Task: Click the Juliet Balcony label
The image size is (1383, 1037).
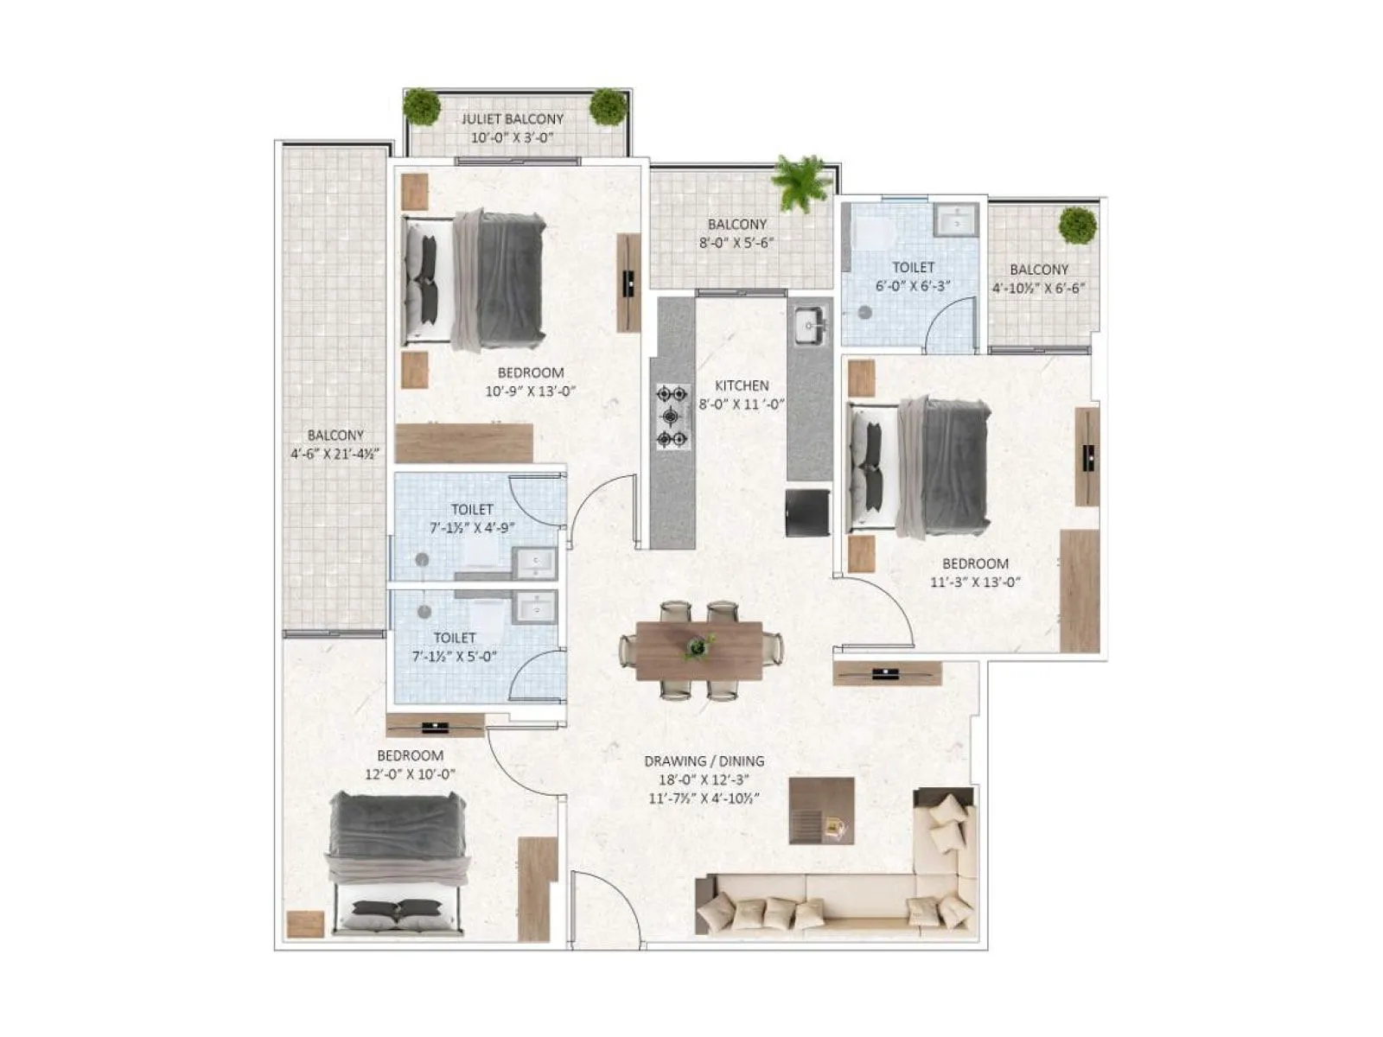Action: tap(512, 119)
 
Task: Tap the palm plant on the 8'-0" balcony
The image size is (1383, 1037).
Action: tap(801, 181)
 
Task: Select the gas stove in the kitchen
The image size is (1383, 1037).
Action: tap(672, 417)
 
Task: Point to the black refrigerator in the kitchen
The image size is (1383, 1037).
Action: tap(807, 512)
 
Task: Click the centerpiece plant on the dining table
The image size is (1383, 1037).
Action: tap(698, 646)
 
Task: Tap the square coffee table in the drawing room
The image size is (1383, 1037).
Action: tap(821, 811)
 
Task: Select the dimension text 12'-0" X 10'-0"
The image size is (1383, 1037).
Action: tap(410, 774)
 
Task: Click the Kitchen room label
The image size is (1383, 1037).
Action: tap(741, 385)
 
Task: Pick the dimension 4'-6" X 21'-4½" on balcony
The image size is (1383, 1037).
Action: tap(335, 453)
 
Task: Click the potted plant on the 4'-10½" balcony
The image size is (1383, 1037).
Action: tap(1077, 226)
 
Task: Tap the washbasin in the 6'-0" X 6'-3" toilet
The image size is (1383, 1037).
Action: tap(956, 220)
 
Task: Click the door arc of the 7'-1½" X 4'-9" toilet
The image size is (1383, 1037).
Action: tap(534, 499)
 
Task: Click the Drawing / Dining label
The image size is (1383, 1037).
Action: tap(704, 761)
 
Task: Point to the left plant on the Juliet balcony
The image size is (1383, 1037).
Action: tap(422, 106)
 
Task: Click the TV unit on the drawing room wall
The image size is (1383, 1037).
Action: tap(886, 673)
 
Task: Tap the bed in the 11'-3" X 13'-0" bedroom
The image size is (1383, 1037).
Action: tap(921, 467)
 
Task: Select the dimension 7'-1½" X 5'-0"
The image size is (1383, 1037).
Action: tap(455, 656)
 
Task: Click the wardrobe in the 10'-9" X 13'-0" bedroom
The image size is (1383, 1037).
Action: tap(463, 443)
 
